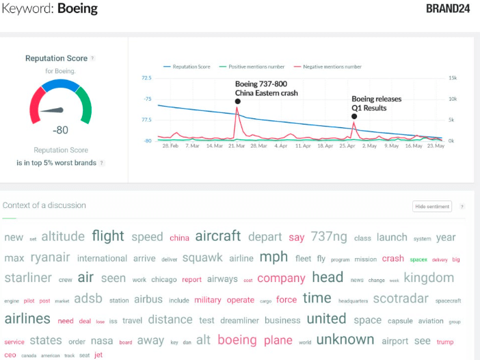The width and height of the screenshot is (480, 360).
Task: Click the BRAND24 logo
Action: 447,9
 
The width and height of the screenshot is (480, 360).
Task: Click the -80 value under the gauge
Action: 60,130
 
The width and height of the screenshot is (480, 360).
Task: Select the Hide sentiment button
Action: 432,206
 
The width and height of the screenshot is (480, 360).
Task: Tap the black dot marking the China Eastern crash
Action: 237,101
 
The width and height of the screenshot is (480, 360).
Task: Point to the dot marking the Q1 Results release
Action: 354,116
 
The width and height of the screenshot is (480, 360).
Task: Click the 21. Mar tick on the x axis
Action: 236,146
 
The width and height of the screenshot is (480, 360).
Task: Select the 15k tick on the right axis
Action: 452,78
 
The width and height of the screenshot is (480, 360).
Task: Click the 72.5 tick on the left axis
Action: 146,78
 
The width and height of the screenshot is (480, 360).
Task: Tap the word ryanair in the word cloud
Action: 51,258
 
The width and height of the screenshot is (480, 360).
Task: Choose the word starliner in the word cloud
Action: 27,278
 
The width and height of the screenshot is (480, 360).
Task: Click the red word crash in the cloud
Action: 392,259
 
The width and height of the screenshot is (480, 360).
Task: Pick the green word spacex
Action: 418,259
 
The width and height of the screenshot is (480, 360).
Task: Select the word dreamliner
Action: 240,320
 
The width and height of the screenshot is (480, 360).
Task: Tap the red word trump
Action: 445,342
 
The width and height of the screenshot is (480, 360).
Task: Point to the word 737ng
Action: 329,237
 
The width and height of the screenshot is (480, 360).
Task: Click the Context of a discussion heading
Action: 44,205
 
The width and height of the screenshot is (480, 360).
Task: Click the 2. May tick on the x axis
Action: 369,146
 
